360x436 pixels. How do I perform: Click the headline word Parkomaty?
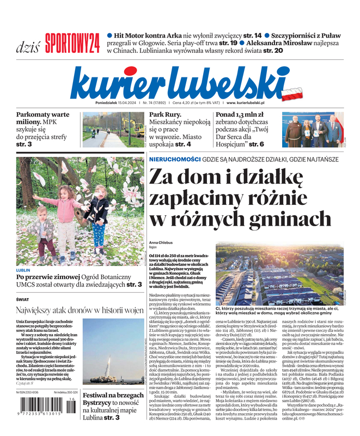click(35, 115)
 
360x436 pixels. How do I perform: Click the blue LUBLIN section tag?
click(23, 270)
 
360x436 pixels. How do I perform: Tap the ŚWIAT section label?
click(22, 299)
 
